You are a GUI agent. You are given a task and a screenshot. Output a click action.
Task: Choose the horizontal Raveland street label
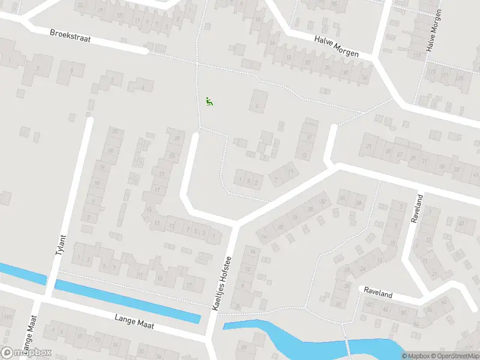[x=378, y=295]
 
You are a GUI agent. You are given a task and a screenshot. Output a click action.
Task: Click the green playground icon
[x=209, y=101]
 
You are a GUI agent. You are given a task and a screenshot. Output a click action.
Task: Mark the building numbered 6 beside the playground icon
[x=259, y=103]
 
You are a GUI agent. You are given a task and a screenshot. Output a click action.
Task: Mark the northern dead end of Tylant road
[x=90, y=120]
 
